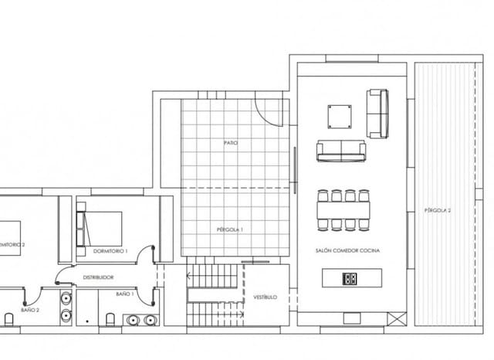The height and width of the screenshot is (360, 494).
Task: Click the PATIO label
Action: pos(230,143)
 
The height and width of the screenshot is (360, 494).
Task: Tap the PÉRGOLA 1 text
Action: pos(230,229)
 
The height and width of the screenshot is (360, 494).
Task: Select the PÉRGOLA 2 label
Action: pos(437,210)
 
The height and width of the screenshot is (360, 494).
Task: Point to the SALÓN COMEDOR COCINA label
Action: pos(347,250)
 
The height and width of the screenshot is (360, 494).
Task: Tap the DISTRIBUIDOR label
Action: pos(99,277)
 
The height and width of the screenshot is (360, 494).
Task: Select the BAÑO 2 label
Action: pos(30,309)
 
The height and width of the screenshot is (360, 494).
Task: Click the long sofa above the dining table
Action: pos(340,151)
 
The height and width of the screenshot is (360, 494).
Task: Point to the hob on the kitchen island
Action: pos(350,278)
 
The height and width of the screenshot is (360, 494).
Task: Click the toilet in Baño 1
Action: pos(111,319)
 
